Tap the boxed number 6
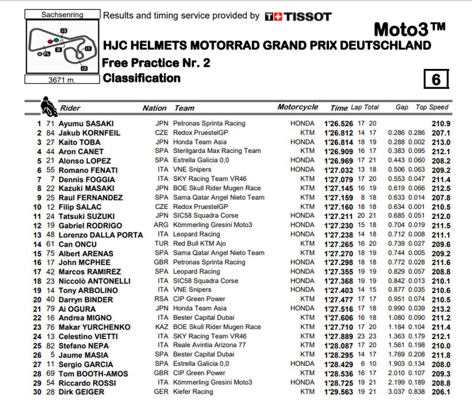436,79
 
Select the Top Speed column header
432,107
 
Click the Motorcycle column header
298,107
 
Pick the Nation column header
155,108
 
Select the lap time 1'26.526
339,123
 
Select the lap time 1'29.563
339,392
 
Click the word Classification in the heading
141,78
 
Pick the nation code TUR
162,243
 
